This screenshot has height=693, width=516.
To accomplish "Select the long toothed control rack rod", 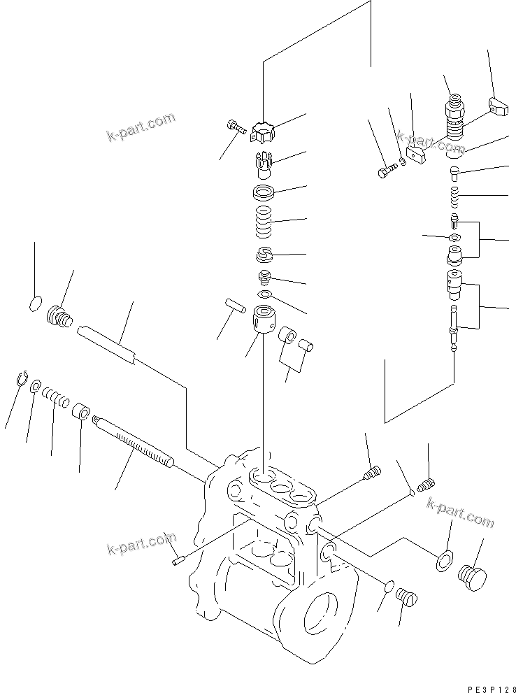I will pyautogui.click(x=133, y=441).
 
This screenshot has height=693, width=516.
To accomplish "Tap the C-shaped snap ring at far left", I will pyautogui.click(x=21, y=378).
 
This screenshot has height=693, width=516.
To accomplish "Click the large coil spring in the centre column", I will pyautogui.click(x=264, y=222).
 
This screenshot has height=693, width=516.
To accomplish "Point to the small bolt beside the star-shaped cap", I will pyautogui.click(x=234, y=127).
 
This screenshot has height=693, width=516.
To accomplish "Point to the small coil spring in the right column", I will pyautogui.click(x=456, y=197).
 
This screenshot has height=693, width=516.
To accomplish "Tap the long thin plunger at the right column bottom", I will pyautogui.click(x=455, y=328).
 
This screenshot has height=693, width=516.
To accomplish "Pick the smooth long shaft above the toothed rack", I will pyautogui.click(x=108, y=343).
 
